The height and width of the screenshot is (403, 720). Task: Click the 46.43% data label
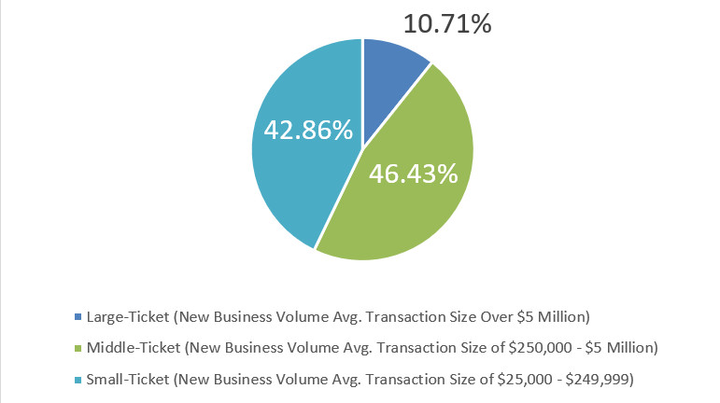[x=413, y=174]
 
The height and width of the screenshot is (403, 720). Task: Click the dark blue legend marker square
[x=77, y=315]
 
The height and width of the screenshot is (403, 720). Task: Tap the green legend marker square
[x=77, y=348]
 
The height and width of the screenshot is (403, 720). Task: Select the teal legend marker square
[x=77, y=380]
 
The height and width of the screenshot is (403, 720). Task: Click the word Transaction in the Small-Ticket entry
[x=407, y=380]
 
